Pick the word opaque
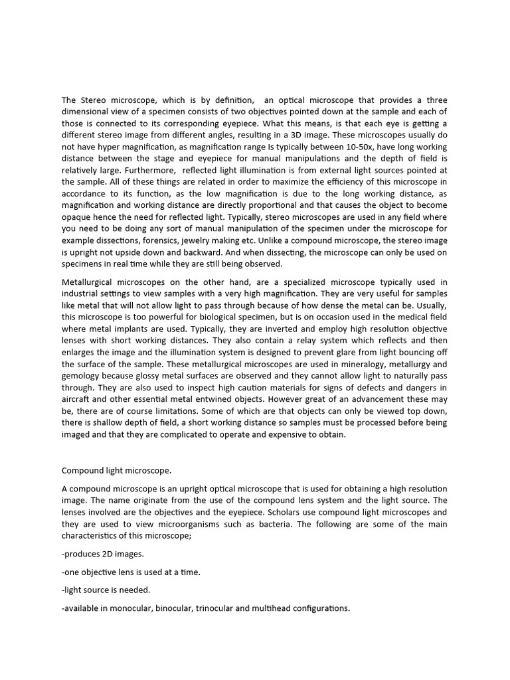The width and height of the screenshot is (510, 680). point(78,229)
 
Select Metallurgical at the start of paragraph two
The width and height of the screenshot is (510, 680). point(90,282)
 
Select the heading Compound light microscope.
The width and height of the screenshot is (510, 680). point(116,471)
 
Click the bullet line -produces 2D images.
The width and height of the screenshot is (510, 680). point(102,554)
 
